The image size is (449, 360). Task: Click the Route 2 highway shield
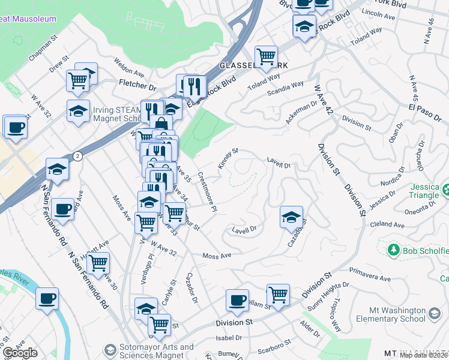[77, 156]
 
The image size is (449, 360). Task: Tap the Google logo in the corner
[20, 353]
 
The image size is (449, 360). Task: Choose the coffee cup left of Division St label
[238, 301]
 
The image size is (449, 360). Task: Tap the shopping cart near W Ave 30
[98, 263]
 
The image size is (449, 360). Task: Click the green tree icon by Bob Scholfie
[393, 249]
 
